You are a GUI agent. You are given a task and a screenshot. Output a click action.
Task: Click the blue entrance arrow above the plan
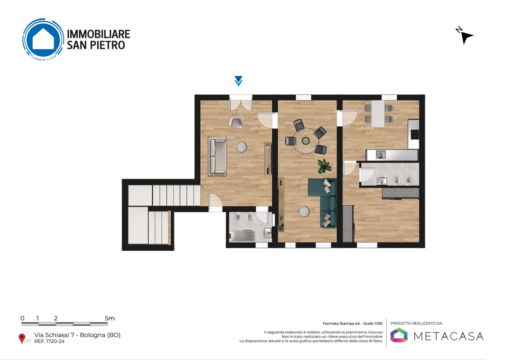pyautogui.click(x=238, y=81)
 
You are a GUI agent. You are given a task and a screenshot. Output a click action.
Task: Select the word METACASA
pyautogui.click(x=448, y=336)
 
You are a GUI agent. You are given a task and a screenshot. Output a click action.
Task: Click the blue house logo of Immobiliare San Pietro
pyautogui.click(x=43, y=39)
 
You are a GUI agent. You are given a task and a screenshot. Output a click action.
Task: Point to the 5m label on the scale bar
pyautogui.click(x=109, y=318)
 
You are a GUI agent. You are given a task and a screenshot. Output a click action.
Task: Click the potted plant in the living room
pyautogui.click(x=324, y=166)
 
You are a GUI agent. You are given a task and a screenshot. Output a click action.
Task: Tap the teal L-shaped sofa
pyautogui.click(x=324, y=200)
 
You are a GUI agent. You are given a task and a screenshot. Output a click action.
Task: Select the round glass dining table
pyautogui.click(x=306, y=141)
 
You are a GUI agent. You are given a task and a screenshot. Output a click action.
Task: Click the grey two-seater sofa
pyautogui.click(x=217, y=156)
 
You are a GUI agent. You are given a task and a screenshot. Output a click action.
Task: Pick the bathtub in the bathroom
pyautogui.click(x=242, y=236)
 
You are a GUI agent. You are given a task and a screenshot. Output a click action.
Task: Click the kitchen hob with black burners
pyautogui.click(x=414, y=134)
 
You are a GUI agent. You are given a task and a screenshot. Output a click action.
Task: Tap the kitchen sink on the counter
pyautogui.click(x=380, y=155)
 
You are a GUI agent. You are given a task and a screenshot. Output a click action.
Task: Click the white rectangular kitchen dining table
pyautogui.click(x=378, y=114)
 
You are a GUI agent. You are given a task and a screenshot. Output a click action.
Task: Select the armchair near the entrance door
pyautogui.click(x=236, y=121)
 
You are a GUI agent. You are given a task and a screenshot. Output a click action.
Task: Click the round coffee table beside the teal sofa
pyautogui.click(x=304, y=212)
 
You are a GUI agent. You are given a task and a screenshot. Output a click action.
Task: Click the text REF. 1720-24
pyautogui.click(x=50, y=341)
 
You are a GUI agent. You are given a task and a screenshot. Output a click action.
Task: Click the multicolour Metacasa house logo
pyautogui.click(x=399, y=335)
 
